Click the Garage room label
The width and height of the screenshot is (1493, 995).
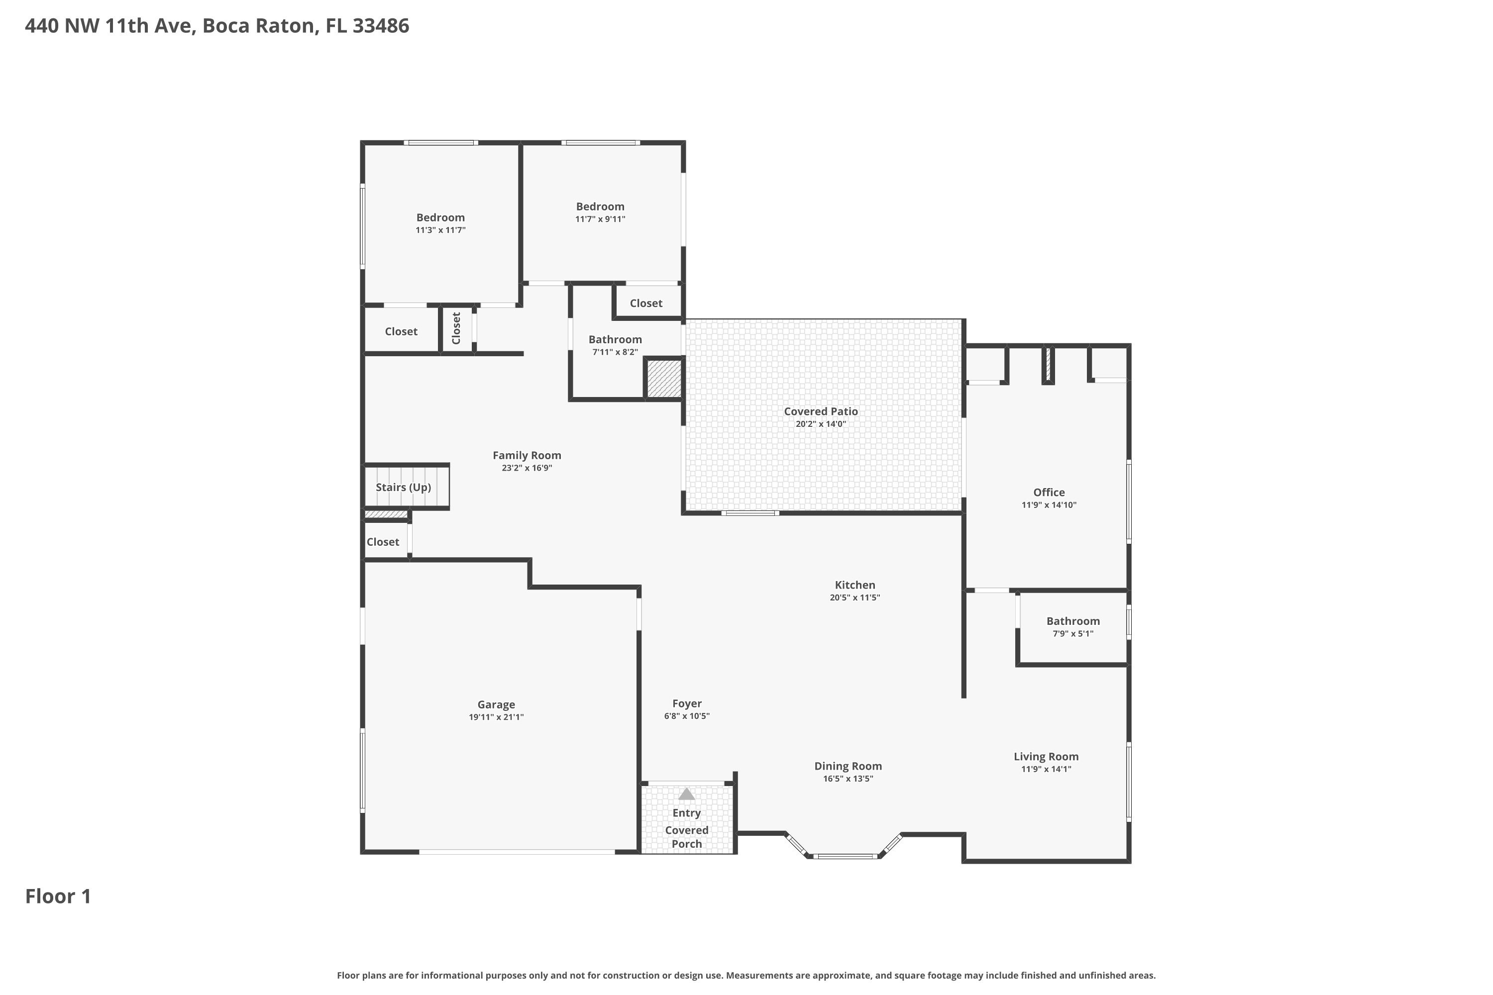click(x=496, y=704)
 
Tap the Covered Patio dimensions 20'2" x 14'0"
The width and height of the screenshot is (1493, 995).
click(x=820, y=424)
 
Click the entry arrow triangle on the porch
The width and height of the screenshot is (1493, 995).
click(x=686, y=794)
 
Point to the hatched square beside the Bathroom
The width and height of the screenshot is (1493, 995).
click(x=663, y=379)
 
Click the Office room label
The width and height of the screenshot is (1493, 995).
click(x=1049, y=492)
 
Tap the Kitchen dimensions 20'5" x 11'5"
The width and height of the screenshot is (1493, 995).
click(x=854, y=597)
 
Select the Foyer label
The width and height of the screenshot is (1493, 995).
click(x=687, y=703)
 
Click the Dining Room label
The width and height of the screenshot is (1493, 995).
click(x=848, y=766)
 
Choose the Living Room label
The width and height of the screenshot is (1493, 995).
click(x=1046, y=756)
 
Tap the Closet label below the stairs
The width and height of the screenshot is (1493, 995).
click(x=383, y=541)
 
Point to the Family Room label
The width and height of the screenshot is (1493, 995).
click(x=527, y=455)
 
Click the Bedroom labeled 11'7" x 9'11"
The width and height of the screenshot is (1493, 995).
click(x=600, y=206)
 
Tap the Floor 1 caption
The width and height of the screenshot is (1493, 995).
click(x=58, y=896)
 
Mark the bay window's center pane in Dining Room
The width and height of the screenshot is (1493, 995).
click(x=846, y=856)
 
